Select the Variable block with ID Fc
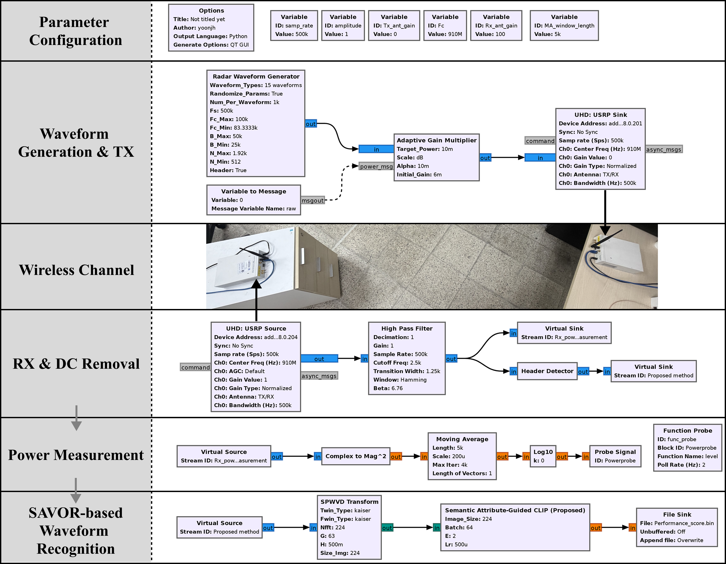[x=445, y=26]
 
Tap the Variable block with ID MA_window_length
[x=564, y=26]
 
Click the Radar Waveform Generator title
[x=256, y=76]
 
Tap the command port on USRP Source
[x=196, y=367]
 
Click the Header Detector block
[x=547, y=371]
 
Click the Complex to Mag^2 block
[x=356, y=456]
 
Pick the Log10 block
[x=543, y=456]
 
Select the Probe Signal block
[x=615, y=456]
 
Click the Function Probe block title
[x=688, y=431]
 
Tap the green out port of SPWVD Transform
[x=387, y=528]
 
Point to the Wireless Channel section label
[x=76, y=270]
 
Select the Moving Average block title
[x=462, y=439]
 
